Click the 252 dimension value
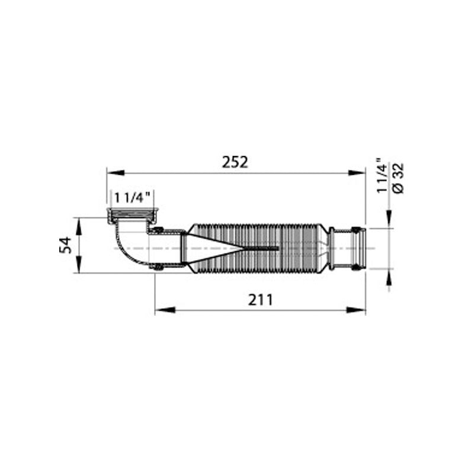click(x=235, y=162)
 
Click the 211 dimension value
click(x=260, y=300)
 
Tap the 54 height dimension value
click(x=65, y=245)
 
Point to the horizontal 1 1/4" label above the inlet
click(x=132, y=198)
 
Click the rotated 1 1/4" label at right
click(x=382, y=175)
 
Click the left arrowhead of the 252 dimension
click(x=115, y=172)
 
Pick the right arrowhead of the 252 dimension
click(x=357, y=172)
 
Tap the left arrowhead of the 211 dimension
click(x=165, y=310)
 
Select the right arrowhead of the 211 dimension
click(x=356, y=310)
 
